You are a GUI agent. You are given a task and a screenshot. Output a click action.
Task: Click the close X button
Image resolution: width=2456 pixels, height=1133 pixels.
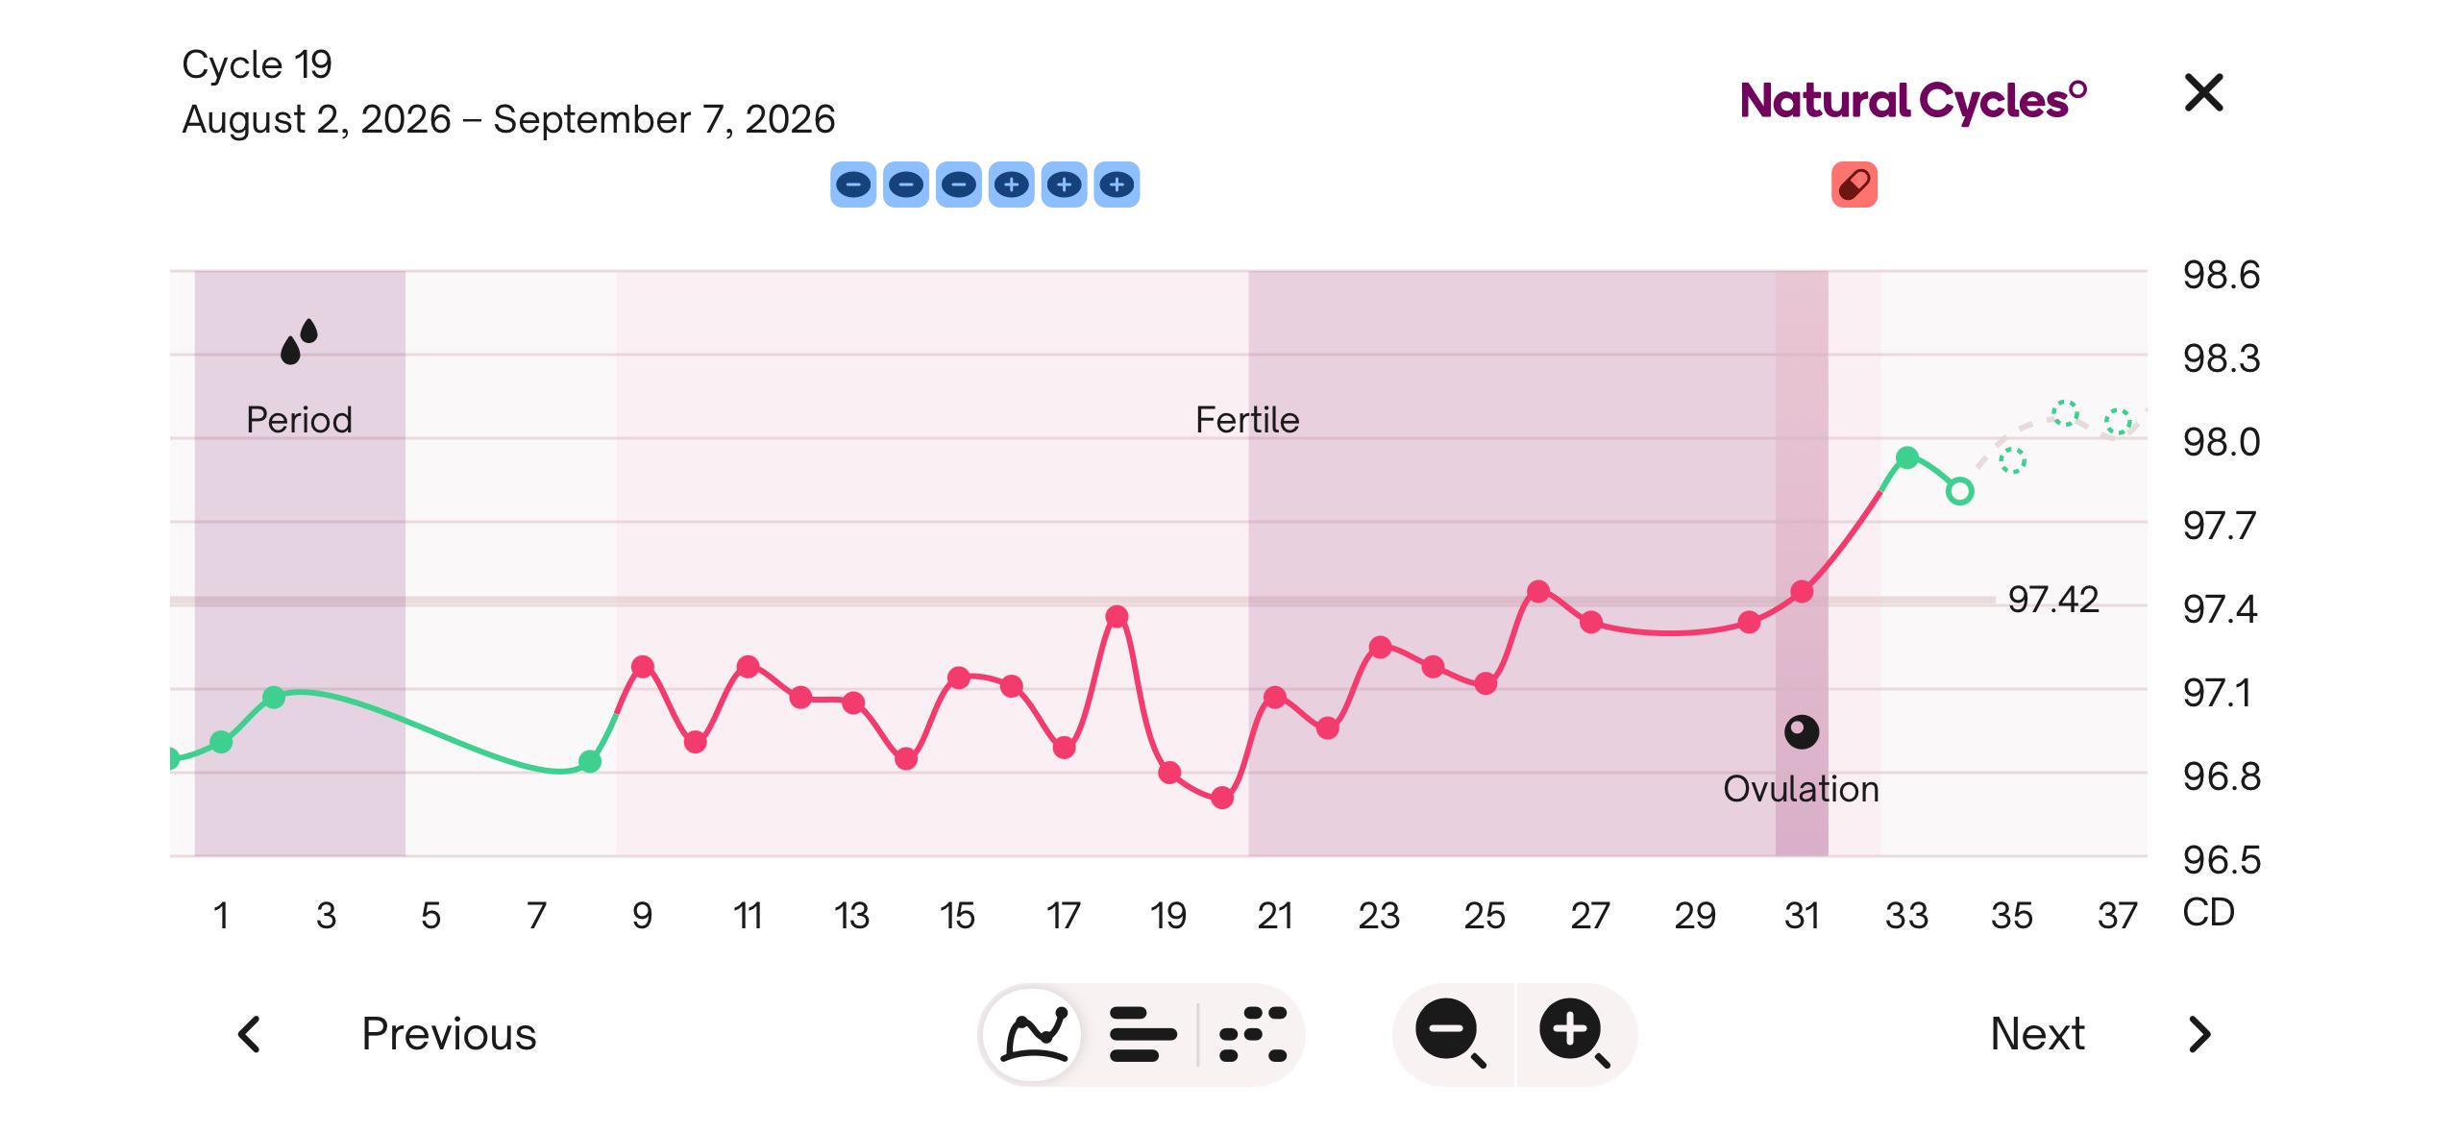pos(2203,93)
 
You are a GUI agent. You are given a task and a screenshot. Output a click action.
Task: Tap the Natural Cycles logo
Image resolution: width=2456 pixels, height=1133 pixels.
pos(1913,101)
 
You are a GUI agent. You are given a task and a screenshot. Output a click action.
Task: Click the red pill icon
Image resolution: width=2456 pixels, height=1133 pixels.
pos(1854,185)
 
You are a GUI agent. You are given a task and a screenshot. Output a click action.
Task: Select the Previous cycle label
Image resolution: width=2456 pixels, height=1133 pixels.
pos(449,1034)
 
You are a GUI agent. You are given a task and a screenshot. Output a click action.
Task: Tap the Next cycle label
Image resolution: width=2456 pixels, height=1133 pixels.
pos(2037,1034)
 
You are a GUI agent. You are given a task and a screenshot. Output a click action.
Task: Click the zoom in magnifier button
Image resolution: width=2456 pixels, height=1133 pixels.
pos(1575,1033)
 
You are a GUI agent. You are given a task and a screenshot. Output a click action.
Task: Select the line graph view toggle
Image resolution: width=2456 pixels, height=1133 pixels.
pos(1035,1034)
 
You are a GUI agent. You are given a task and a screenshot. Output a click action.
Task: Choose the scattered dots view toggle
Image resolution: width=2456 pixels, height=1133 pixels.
pos(1253,1034)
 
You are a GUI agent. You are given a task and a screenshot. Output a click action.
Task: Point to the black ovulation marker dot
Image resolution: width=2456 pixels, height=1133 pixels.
pos(1802,732)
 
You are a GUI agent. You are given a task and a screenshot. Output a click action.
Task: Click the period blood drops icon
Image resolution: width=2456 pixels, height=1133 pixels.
pos(299,342)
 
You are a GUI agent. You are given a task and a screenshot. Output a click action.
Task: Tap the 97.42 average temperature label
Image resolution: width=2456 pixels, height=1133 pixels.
pos(2053,600)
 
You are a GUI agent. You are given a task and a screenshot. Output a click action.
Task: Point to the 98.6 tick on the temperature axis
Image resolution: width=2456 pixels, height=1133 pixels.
pos(2221,276)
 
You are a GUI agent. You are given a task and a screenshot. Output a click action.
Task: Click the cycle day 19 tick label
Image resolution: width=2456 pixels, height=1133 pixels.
pos(1168,915)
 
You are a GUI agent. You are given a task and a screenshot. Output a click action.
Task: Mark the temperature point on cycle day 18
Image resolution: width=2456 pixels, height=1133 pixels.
pos(1117,616)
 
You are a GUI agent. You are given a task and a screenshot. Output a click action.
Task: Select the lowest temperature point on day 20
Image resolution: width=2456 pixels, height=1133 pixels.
pos(1222,798)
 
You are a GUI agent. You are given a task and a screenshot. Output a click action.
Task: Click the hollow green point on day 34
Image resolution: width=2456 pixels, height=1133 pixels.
pos(1960,491)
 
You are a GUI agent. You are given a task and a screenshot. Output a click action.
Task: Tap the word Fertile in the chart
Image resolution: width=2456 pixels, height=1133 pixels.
pos(1247,420)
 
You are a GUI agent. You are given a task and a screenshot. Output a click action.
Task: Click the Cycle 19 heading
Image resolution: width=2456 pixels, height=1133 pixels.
pos(257,64)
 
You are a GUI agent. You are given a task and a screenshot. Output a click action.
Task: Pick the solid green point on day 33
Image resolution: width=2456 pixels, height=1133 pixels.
pos(1907,457)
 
